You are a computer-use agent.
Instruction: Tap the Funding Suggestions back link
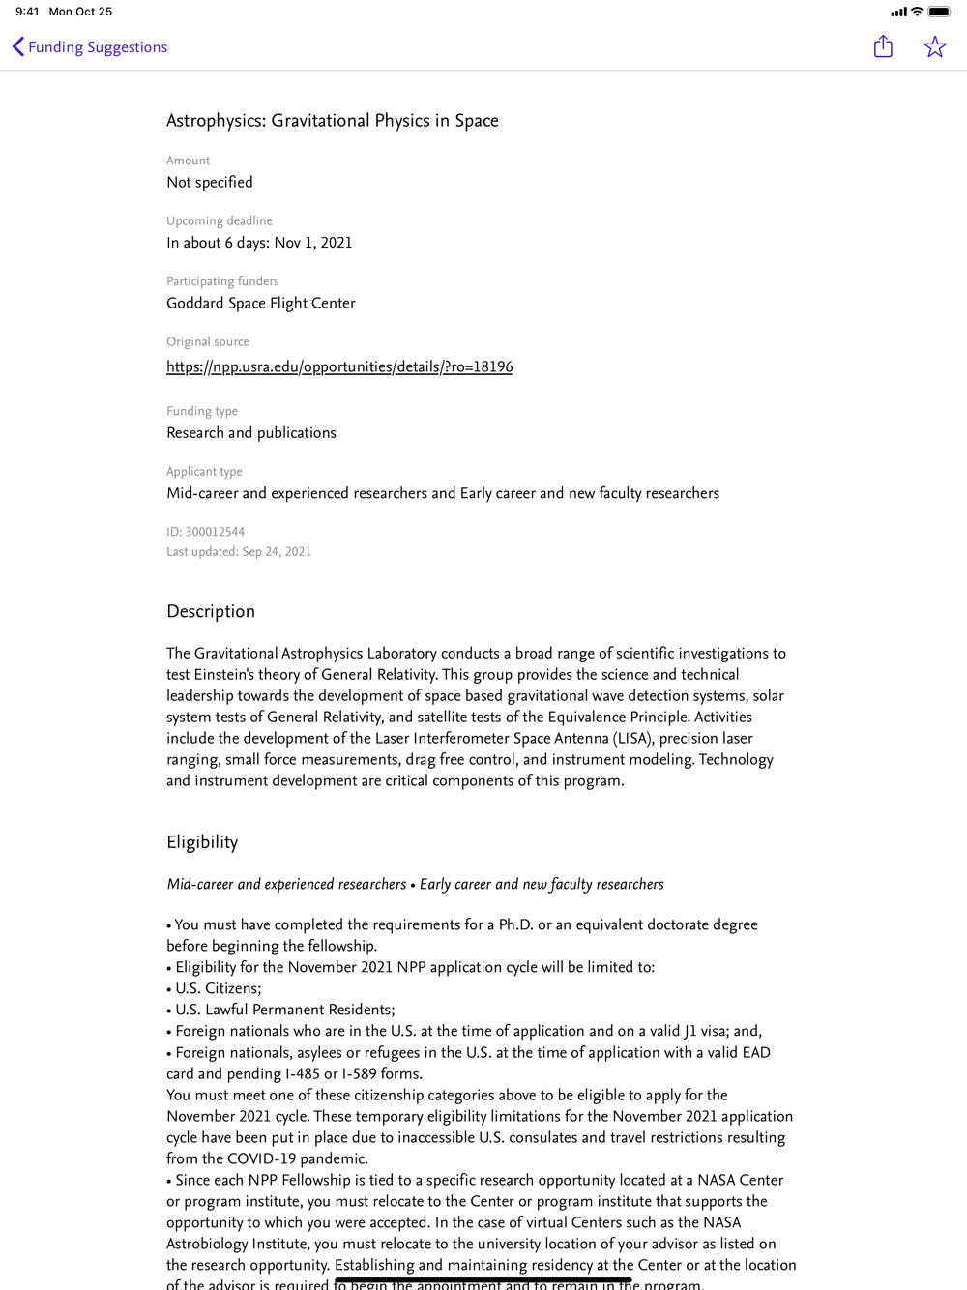point(89,47)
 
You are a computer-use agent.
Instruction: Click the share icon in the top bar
point(883,46)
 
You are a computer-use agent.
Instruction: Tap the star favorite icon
point(934,46)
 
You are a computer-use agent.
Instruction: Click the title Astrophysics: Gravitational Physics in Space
point(332,121)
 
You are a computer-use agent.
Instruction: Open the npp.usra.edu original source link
point(339,366)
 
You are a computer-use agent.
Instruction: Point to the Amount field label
point(188,161)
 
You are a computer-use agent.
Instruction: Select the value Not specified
point(210,182)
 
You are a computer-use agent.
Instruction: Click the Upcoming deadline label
point(220,220)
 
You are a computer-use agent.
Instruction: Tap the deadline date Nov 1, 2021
point(313,243)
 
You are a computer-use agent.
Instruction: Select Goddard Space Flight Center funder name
point(261,303)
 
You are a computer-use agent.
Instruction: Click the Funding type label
point(202,411)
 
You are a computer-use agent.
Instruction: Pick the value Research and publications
point(251,433)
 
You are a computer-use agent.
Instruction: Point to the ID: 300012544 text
point(205,532)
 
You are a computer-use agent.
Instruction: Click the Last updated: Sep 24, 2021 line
point(239,552)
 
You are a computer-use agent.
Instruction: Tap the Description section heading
point(211,611)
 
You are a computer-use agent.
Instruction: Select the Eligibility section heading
point(202,842)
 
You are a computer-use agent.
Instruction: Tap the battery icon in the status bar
point(939,12)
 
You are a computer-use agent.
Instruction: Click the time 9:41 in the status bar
point(27,12)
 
